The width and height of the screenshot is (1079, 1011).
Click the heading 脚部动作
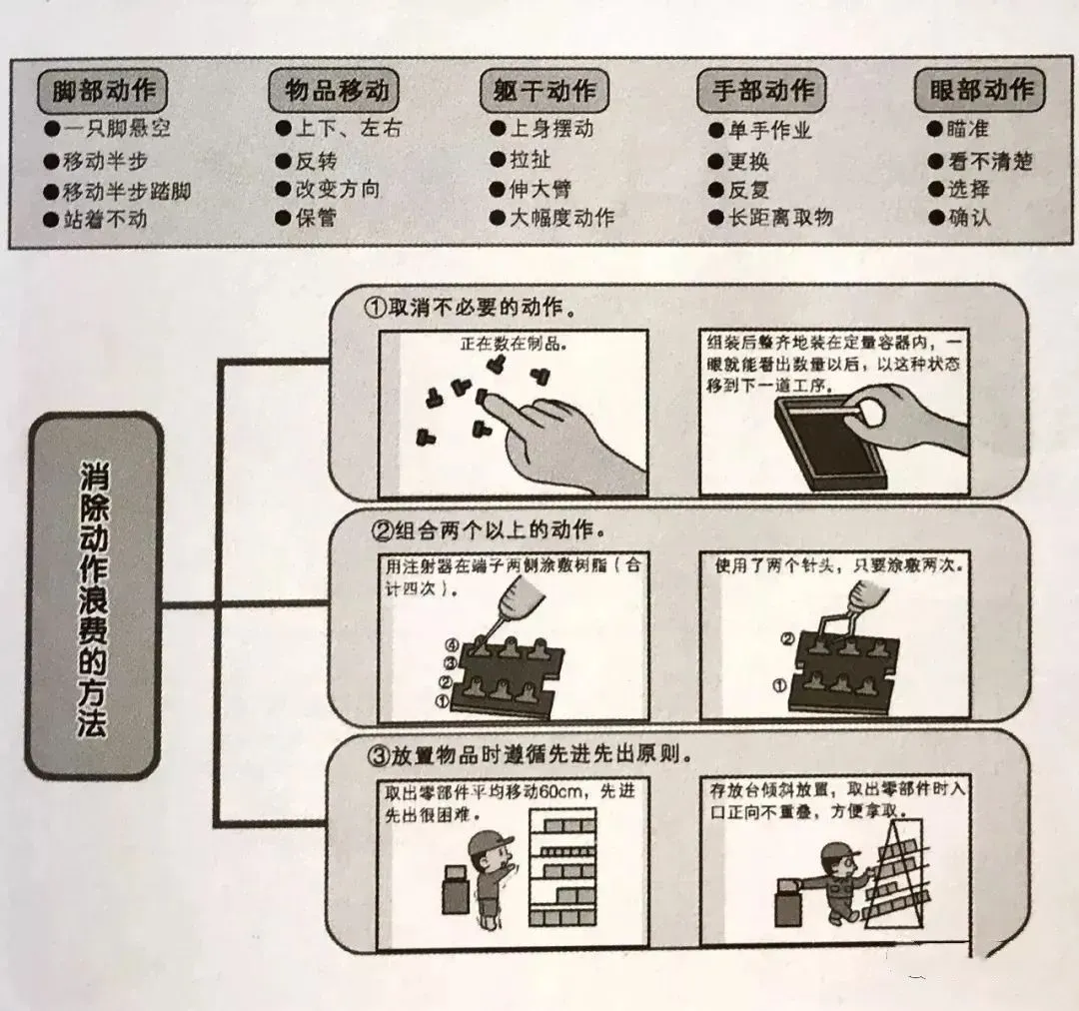(103, 91)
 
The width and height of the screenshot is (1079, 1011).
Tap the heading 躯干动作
(544, 92)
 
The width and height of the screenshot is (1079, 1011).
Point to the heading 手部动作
(762, 91)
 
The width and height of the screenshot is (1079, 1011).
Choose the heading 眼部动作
(980, 90)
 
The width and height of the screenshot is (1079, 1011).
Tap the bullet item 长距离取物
(779, 217)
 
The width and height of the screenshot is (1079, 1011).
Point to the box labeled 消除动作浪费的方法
(94, 597)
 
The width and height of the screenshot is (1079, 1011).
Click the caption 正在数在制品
(513, 344)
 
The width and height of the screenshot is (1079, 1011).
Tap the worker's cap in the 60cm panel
(489, 839)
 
